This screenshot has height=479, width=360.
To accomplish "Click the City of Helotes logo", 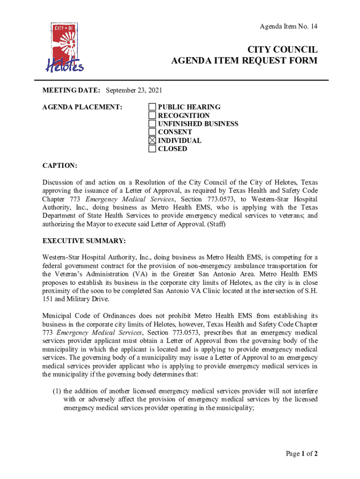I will point(64,48).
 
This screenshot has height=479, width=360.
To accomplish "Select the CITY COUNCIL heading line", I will point(282,50).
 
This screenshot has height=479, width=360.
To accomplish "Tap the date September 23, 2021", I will point(134,90).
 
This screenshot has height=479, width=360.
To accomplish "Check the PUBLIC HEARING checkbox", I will point(152,107).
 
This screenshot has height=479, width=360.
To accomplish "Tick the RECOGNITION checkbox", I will point(152,116).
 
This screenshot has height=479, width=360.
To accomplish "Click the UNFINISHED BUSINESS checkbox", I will point(152,124).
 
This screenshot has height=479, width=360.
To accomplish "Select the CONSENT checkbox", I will point(152,132).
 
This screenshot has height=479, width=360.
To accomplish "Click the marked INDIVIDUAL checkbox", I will point(152,141).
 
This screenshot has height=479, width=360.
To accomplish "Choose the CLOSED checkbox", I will point(152,149).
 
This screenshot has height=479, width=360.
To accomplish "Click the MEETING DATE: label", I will point(71,90).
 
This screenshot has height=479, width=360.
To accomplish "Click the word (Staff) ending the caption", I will point(215,224).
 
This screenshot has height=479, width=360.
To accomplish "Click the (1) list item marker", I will point(57,391).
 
